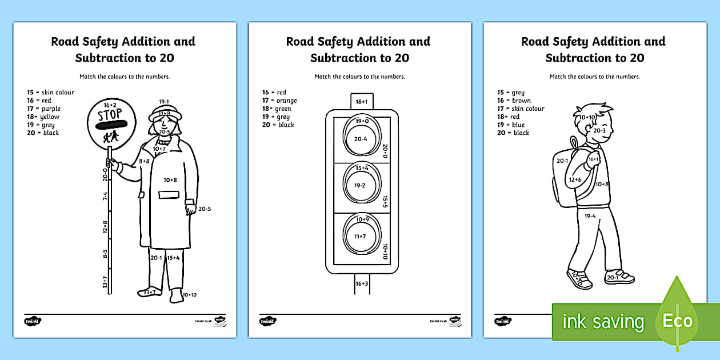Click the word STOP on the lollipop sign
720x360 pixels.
[x=107, y=114]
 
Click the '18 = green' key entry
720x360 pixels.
[x=277, y=109]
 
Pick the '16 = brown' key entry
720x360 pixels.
[x=514, y=101]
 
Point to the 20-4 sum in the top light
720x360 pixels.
[x=361, y=138]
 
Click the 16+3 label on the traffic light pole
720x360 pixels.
[x=361, y=283]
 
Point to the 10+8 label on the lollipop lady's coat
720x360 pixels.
[x=171, y=180]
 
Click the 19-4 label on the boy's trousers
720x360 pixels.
[x=590, y=215]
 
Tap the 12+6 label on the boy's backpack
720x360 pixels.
[x=574, y=179]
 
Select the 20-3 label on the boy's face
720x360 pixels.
[x=599, y=130]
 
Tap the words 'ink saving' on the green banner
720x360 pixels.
[x=603, y=322]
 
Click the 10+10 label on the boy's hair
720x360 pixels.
[x=587, y=117]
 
